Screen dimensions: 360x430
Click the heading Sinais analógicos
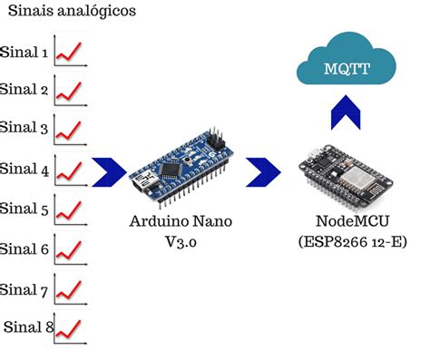click(73, 12)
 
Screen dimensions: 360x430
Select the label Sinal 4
click(25, 169)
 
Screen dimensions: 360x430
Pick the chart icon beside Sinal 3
click(69, 129)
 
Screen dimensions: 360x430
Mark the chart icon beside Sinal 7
click(69, 289)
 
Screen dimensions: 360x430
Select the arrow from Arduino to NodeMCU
click(264, 170)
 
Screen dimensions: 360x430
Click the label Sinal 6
click(25, 248)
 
